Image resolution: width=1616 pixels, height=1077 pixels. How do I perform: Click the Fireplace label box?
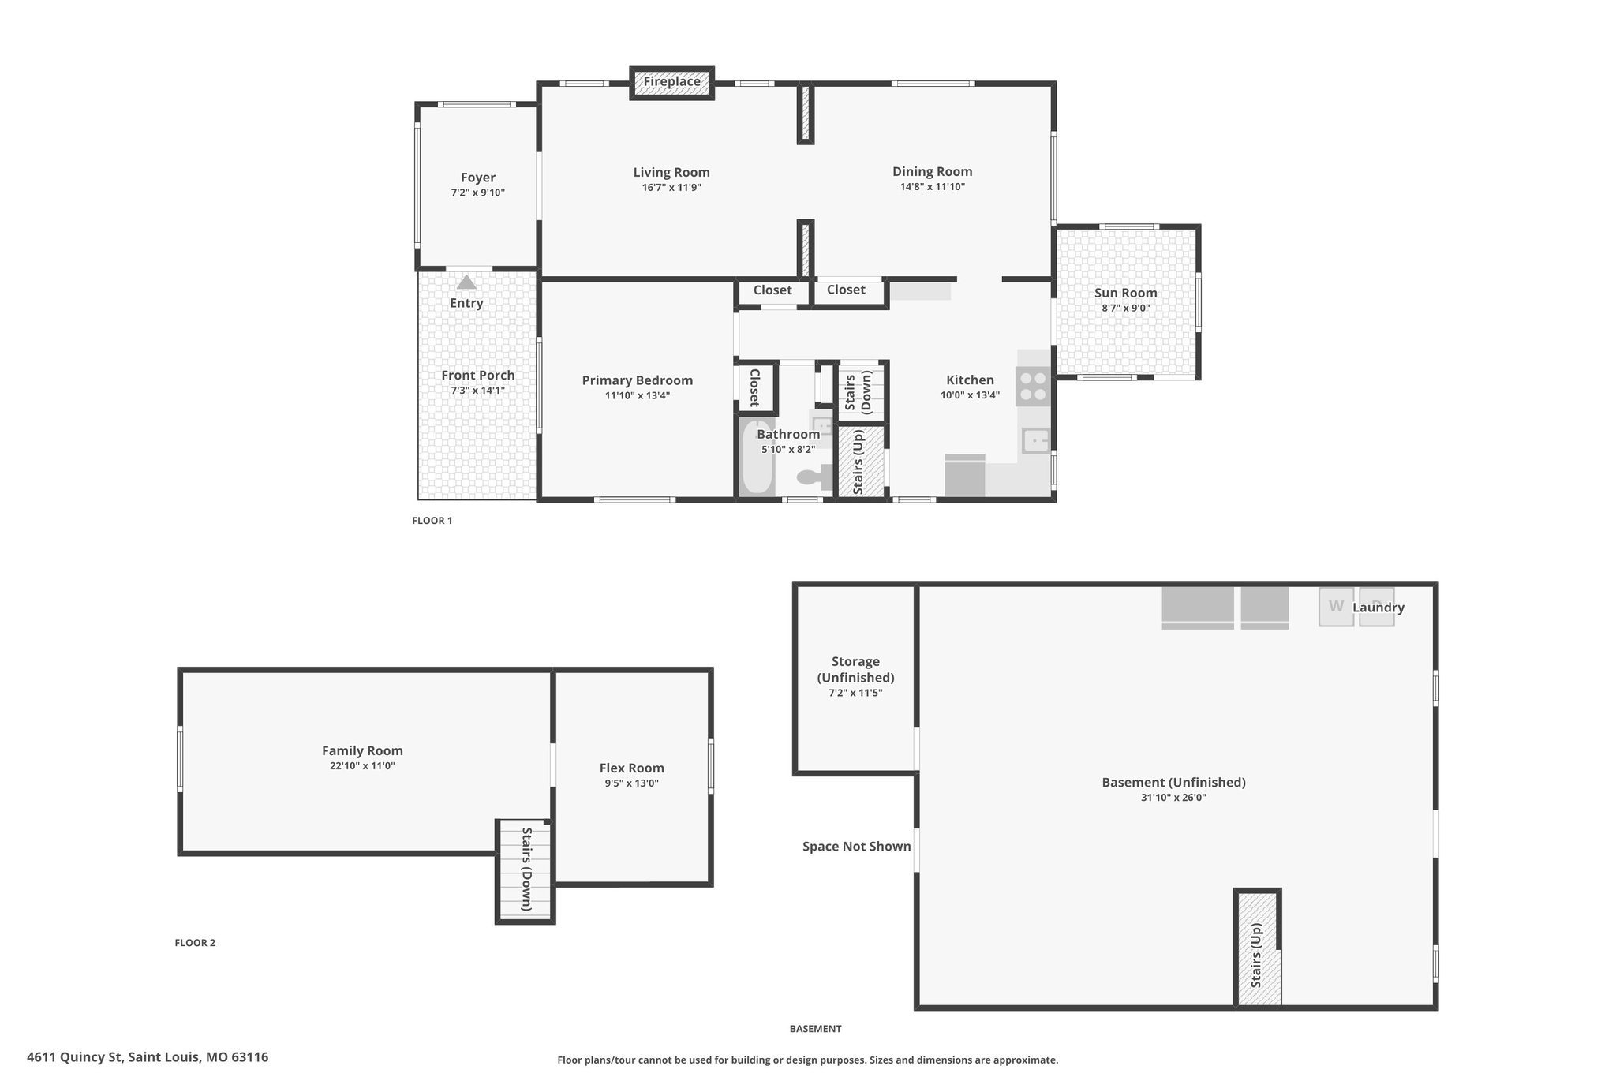(x=671, y=82)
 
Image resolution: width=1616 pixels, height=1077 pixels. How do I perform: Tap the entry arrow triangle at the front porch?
(x=466, y=282)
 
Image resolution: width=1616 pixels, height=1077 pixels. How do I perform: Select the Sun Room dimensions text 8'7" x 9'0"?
(x=1126, y=309)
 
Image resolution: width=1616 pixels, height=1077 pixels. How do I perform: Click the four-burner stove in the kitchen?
(x=1033, y=387)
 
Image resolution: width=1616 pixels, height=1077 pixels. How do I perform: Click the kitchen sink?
(x=1036, y=439)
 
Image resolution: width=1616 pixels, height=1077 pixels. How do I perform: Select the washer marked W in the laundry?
(x=1336, y=607)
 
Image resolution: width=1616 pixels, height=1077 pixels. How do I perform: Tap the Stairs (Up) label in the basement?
(x=1256, y=955)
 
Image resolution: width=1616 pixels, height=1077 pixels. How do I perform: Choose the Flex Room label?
(x=632, y=768)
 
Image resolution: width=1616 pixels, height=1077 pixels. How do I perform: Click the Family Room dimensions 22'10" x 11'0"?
(x=362, y=766)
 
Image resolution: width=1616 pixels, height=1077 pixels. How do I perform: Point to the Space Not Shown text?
(x=857, y=847)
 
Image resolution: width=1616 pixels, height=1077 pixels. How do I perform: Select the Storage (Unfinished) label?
(x=855, y=670)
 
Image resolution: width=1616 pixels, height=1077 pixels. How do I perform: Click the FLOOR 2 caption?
(x=195, y=943)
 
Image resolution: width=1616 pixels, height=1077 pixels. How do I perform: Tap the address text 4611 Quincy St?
(x=75, y=1057)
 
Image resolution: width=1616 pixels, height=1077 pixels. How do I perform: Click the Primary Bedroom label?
(x=638, y=380)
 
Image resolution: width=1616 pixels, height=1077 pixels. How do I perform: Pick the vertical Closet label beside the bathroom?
(x=754, y=387)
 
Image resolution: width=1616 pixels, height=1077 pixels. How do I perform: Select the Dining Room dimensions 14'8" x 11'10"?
(x=933, y=187)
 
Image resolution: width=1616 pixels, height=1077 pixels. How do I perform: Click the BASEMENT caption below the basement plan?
(x=816, y=1029)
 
